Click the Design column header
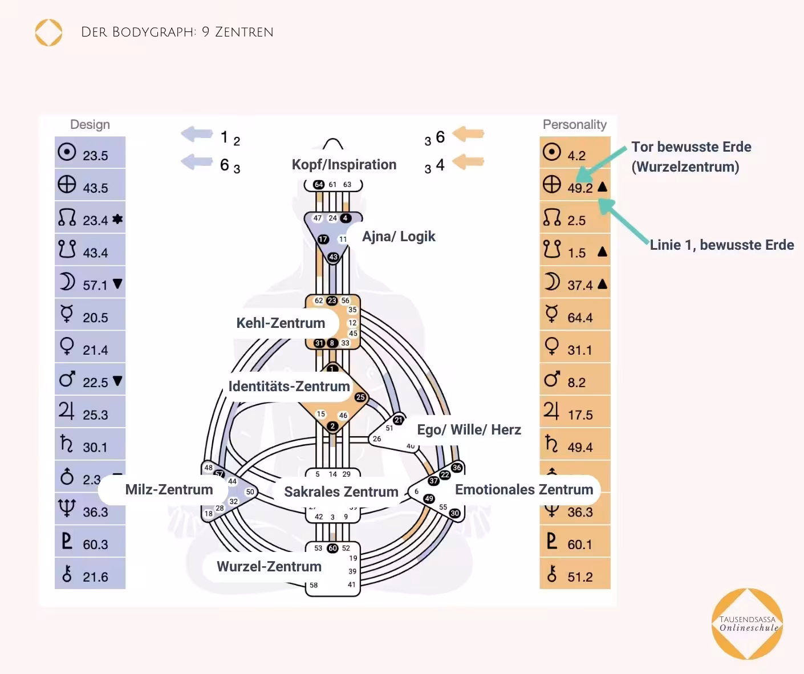(90, 124)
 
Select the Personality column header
(574, 124)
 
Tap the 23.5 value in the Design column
(95, 156)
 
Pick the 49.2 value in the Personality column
(580, 188)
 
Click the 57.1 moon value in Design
(95, 285)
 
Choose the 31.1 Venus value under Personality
(579, 350)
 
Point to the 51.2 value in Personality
(579, 577)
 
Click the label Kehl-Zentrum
(281, 323)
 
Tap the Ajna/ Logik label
(399, 237)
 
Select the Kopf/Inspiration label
(344, 165)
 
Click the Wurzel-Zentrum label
(269, 567)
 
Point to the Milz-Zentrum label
(169, 490)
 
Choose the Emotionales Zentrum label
(524, 490)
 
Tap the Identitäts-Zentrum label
(289, 387)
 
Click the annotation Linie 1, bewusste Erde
(722, 245)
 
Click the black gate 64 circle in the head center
(319, 185)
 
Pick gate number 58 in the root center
(314, 585)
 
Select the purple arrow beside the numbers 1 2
(197, 135)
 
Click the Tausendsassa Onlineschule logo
(748, 624)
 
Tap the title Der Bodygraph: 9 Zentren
(177, 33)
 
